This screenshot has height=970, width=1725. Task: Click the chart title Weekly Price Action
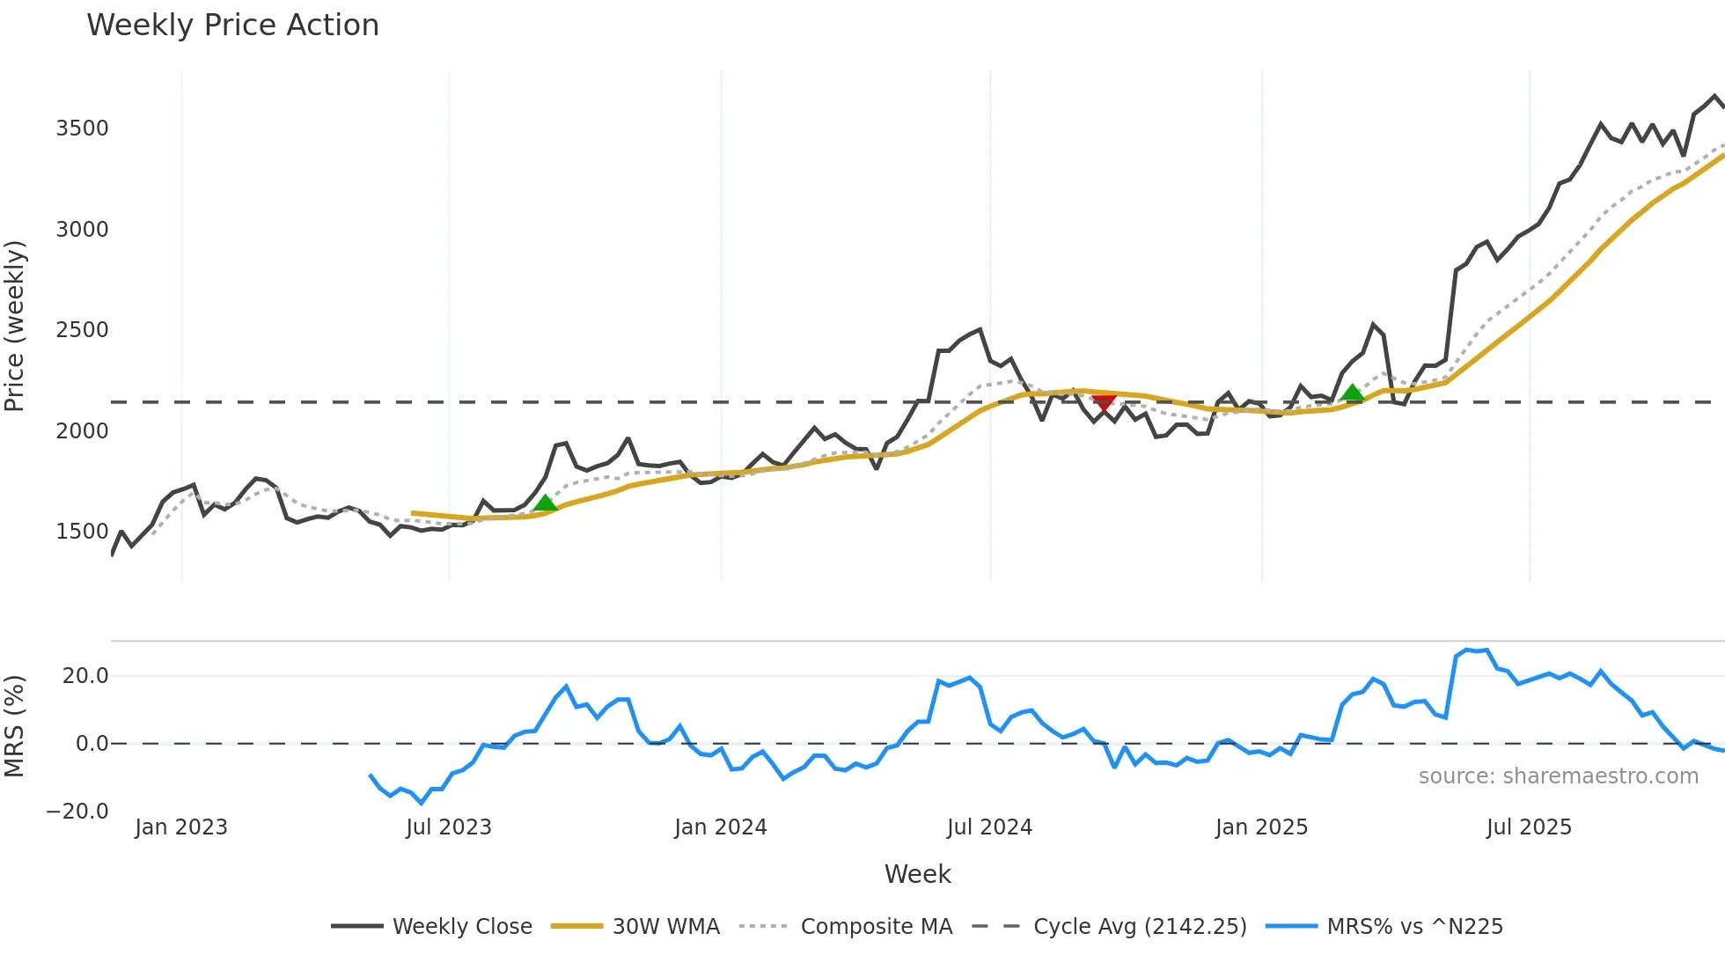(232, 25)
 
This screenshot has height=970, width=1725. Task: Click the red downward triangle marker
(1104, 402)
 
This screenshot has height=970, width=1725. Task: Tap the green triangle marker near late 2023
(545, 503)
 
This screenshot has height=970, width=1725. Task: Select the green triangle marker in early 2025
(1352, 393)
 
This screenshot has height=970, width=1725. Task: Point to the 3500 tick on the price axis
(82, 129)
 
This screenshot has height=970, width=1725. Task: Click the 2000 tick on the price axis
(82, 431)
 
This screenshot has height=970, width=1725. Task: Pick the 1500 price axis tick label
(82, 532)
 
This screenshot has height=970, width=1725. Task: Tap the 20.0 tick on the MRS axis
(85, 676)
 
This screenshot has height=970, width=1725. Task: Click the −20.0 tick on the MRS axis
(77, 812)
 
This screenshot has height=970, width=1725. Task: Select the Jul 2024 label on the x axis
(989, 827)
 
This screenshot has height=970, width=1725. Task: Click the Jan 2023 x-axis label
(181, 827)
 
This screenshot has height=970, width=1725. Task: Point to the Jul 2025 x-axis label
(1529, 827)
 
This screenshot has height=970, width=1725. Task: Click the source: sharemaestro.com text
(1558, 776)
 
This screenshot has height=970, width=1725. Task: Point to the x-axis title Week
(917, 874)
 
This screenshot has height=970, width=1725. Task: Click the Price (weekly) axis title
(14, 326)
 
